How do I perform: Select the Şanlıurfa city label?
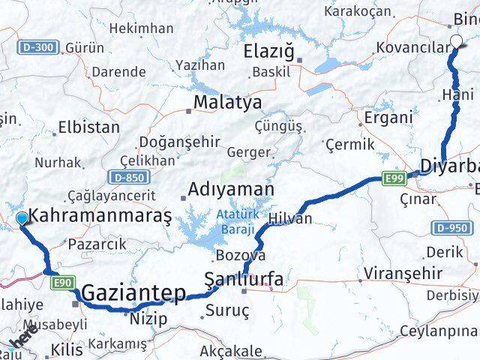tap(245, 280)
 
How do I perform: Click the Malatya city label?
tap(227, 101)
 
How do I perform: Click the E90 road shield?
tap(62, 282)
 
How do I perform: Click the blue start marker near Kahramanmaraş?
tap(22, 218)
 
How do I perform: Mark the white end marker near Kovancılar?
tap(456, 42)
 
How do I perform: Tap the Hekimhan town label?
tap(141, 28)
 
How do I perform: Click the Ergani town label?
tap(388, 117)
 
